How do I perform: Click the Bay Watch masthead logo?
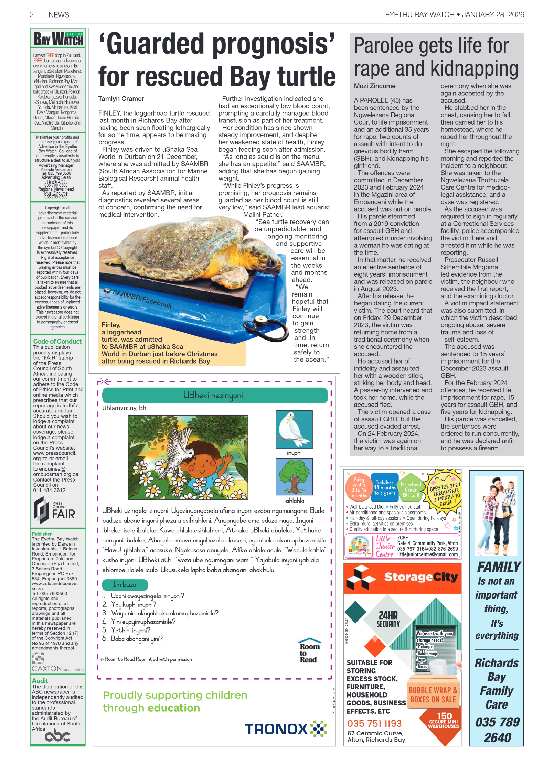[x=58, y=39]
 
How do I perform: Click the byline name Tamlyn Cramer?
[x=121, y=99]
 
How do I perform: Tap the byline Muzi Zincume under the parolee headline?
[x=375, y=86]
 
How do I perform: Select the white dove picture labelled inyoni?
[x=294, y=429]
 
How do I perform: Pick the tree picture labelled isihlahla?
[x=294, y=476]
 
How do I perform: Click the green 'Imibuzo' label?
[x=125, y=584]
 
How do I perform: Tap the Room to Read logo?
[x=309, y=650]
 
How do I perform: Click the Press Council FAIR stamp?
[x=54, y=510]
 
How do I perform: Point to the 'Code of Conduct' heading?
[x=57, y=341]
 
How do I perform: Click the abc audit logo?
[x=57, y=736]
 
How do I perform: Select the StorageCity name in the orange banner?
[x=420, y=577]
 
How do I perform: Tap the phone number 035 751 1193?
[x=374, y=723]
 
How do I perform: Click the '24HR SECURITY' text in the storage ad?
[x=388, y=619]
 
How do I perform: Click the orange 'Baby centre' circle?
[x=359, y=487]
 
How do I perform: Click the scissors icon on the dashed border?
[x=104, y=381]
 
